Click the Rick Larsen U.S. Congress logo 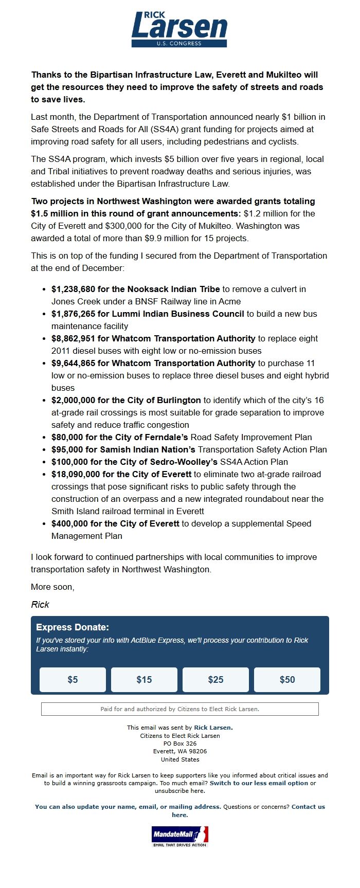click(x=179, y=29)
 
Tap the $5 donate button click(x=73, y=680)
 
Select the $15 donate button click(x=144, y=680)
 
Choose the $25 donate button click(x=215, y=680)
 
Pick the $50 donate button click(x=287, y=680)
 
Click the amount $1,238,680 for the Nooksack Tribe click(x=73, y=289)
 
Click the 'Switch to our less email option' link click(x=259, y=783)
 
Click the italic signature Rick click(x=40, y=605)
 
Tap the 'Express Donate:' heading click(x=73, y=627)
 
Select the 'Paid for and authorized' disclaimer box click(x=179, y=709)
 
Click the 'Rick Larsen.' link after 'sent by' click(x=213, y=728)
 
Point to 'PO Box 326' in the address click(x=179, y=744)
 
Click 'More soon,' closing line click(x=52, y=587)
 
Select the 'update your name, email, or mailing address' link click(x=128, y=807)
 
